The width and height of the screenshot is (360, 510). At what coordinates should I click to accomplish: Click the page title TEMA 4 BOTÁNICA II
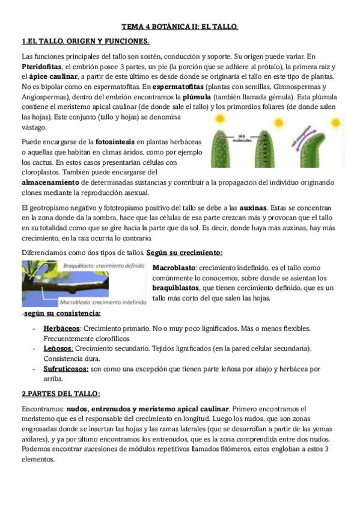click(180, 27)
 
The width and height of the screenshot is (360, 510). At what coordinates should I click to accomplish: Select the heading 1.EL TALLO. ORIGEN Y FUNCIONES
click(85, 41)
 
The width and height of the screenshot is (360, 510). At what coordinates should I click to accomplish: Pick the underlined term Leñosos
click(58, 349)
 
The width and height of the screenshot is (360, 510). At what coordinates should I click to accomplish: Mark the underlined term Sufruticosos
click(66, 369)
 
